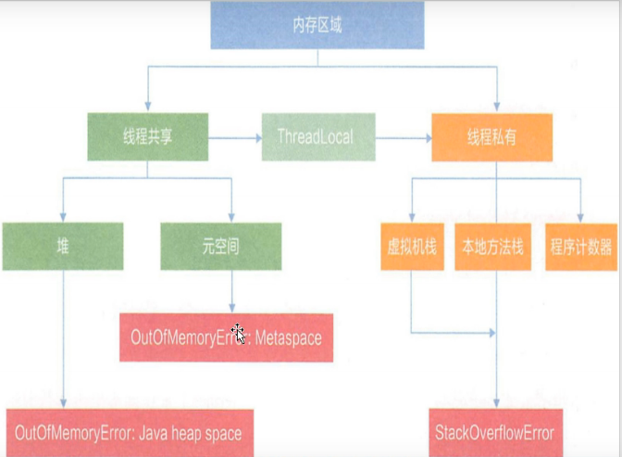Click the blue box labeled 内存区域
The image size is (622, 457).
pos(317,26)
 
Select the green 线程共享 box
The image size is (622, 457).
pos(147,137)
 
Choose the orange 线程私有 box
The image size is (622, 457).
pos(491,137)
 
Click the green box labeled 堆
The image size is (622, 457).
pos(62,247)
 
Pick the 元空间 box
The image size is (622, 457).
pos(220,247)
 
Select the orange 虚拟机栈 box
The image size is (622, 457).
pos(412,247)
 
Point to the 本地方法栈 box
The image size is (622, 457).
pos(491,247)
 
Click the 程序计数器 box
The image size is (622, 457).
pos(580,247)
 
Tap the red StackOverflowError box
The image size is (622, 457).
pos(494,433)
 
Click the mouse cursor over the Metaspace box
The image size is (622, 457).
pos(237,332)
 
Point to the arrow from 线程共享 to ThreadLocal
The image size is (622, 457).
pos(235,138)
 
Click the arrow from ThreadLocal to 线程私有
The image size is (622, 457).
pos(404,138)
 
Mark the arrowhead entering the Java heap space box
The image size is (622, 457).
pos(62,403)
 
